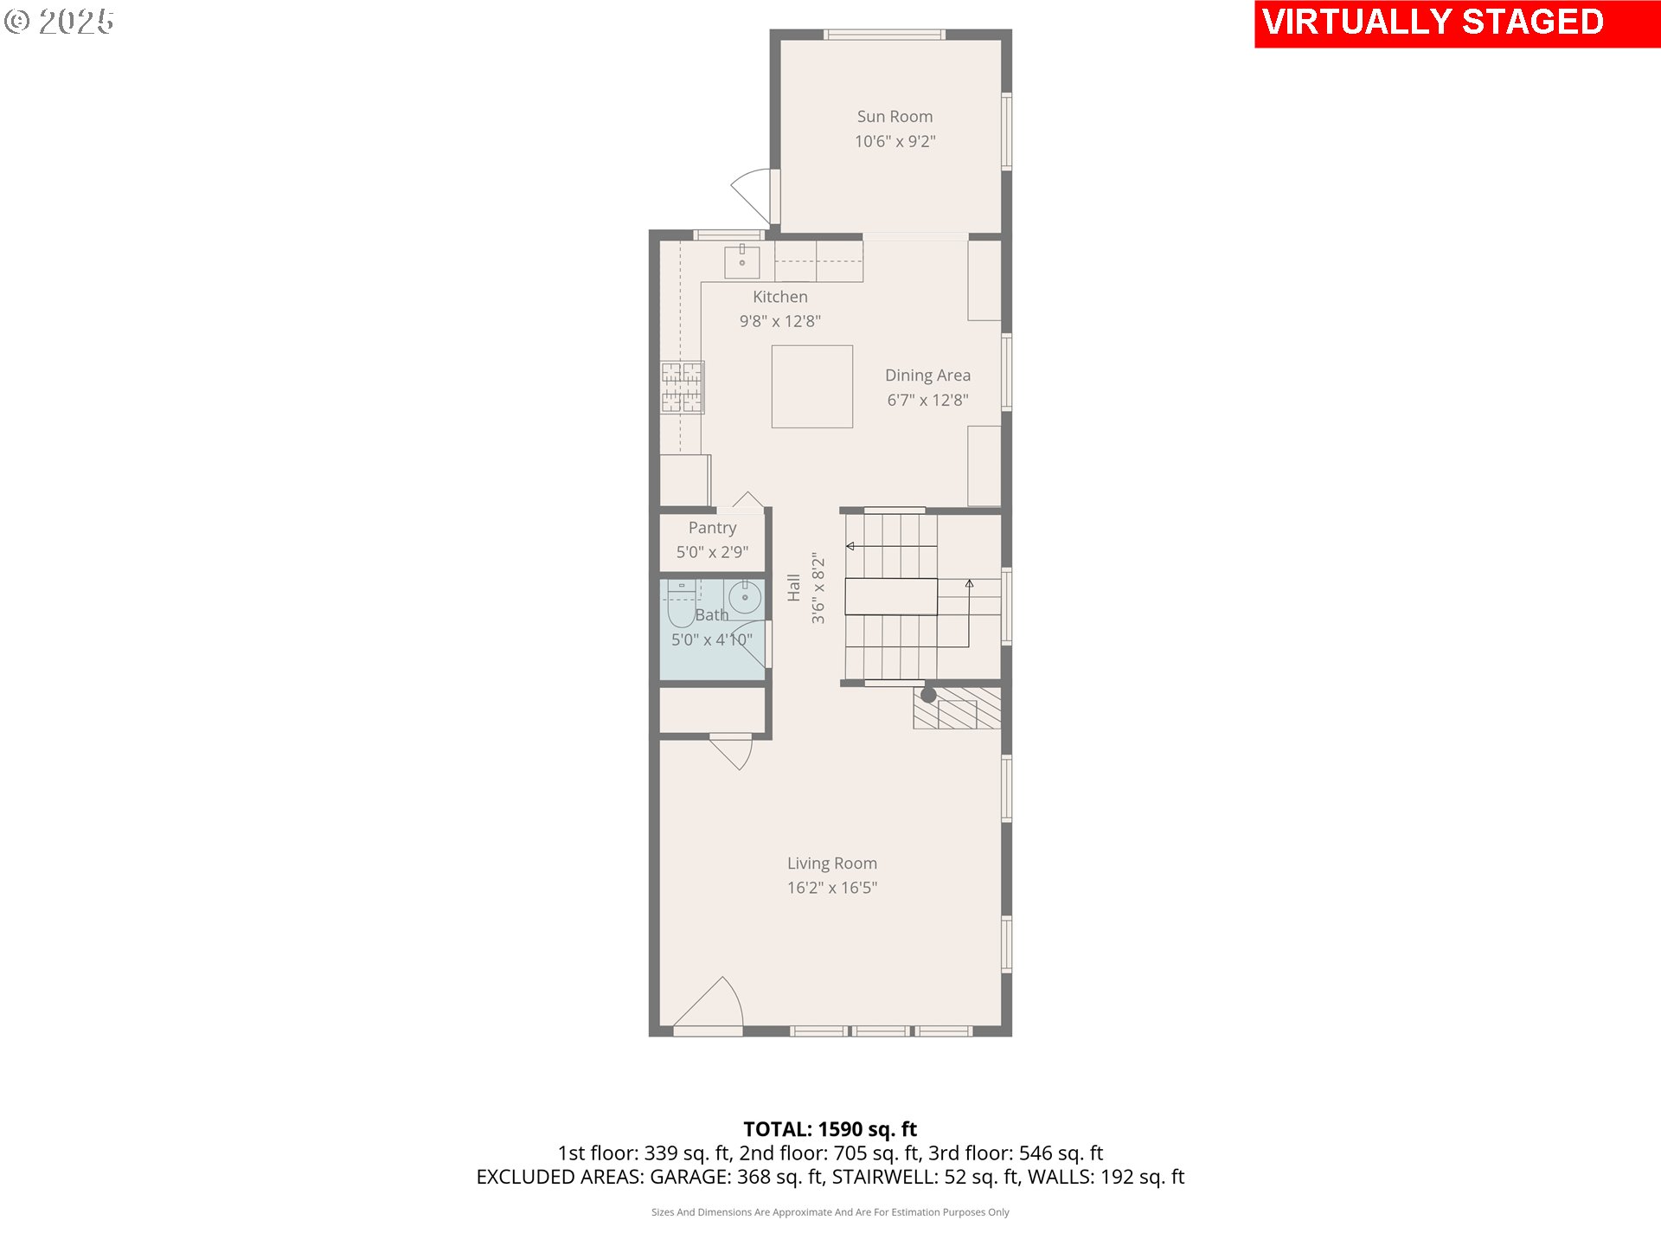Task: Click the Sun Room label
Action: pyautogui.click(x=895, y=117)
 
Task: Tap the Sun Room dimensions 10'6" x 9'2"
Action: pyautogui.click(x=895, y=141)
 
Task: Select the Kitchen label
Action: pyautogui.click(x=779, y=297)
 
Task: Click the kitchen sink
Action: pyautogui.click(x=741, y=262)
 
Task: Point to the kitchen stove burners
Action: pyautogui.click(x=682, y=387)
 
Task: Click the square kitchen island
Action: pyautogui.click(x=811, y=386)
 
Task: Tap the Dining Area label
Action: pyautogui.click(x=927, y=376)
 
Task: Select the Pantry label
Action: pyautogui.click(x=712, y=528)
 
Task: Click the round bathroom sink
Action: pyautogui.click(x=744, y=597)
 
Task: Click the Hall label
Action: pyautogui.click(x=793, y=588)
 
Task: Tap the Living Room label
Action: pyautogui.click(x=831, y=864)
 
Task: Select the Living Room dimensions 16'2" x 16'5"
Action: pyautogui.click(x=831, y=888)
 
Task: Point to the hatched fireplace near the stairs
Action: pyautogui.click(x=957, y=708)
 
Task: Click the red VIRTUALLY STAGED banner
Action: pyautogui.click(x=1457, y=23)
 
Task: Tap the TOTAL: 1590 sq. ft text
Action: pyautogui.click(x=830, y=1129)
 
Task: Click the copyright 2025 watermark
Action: pyautogui.click(x=59, y=22)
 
